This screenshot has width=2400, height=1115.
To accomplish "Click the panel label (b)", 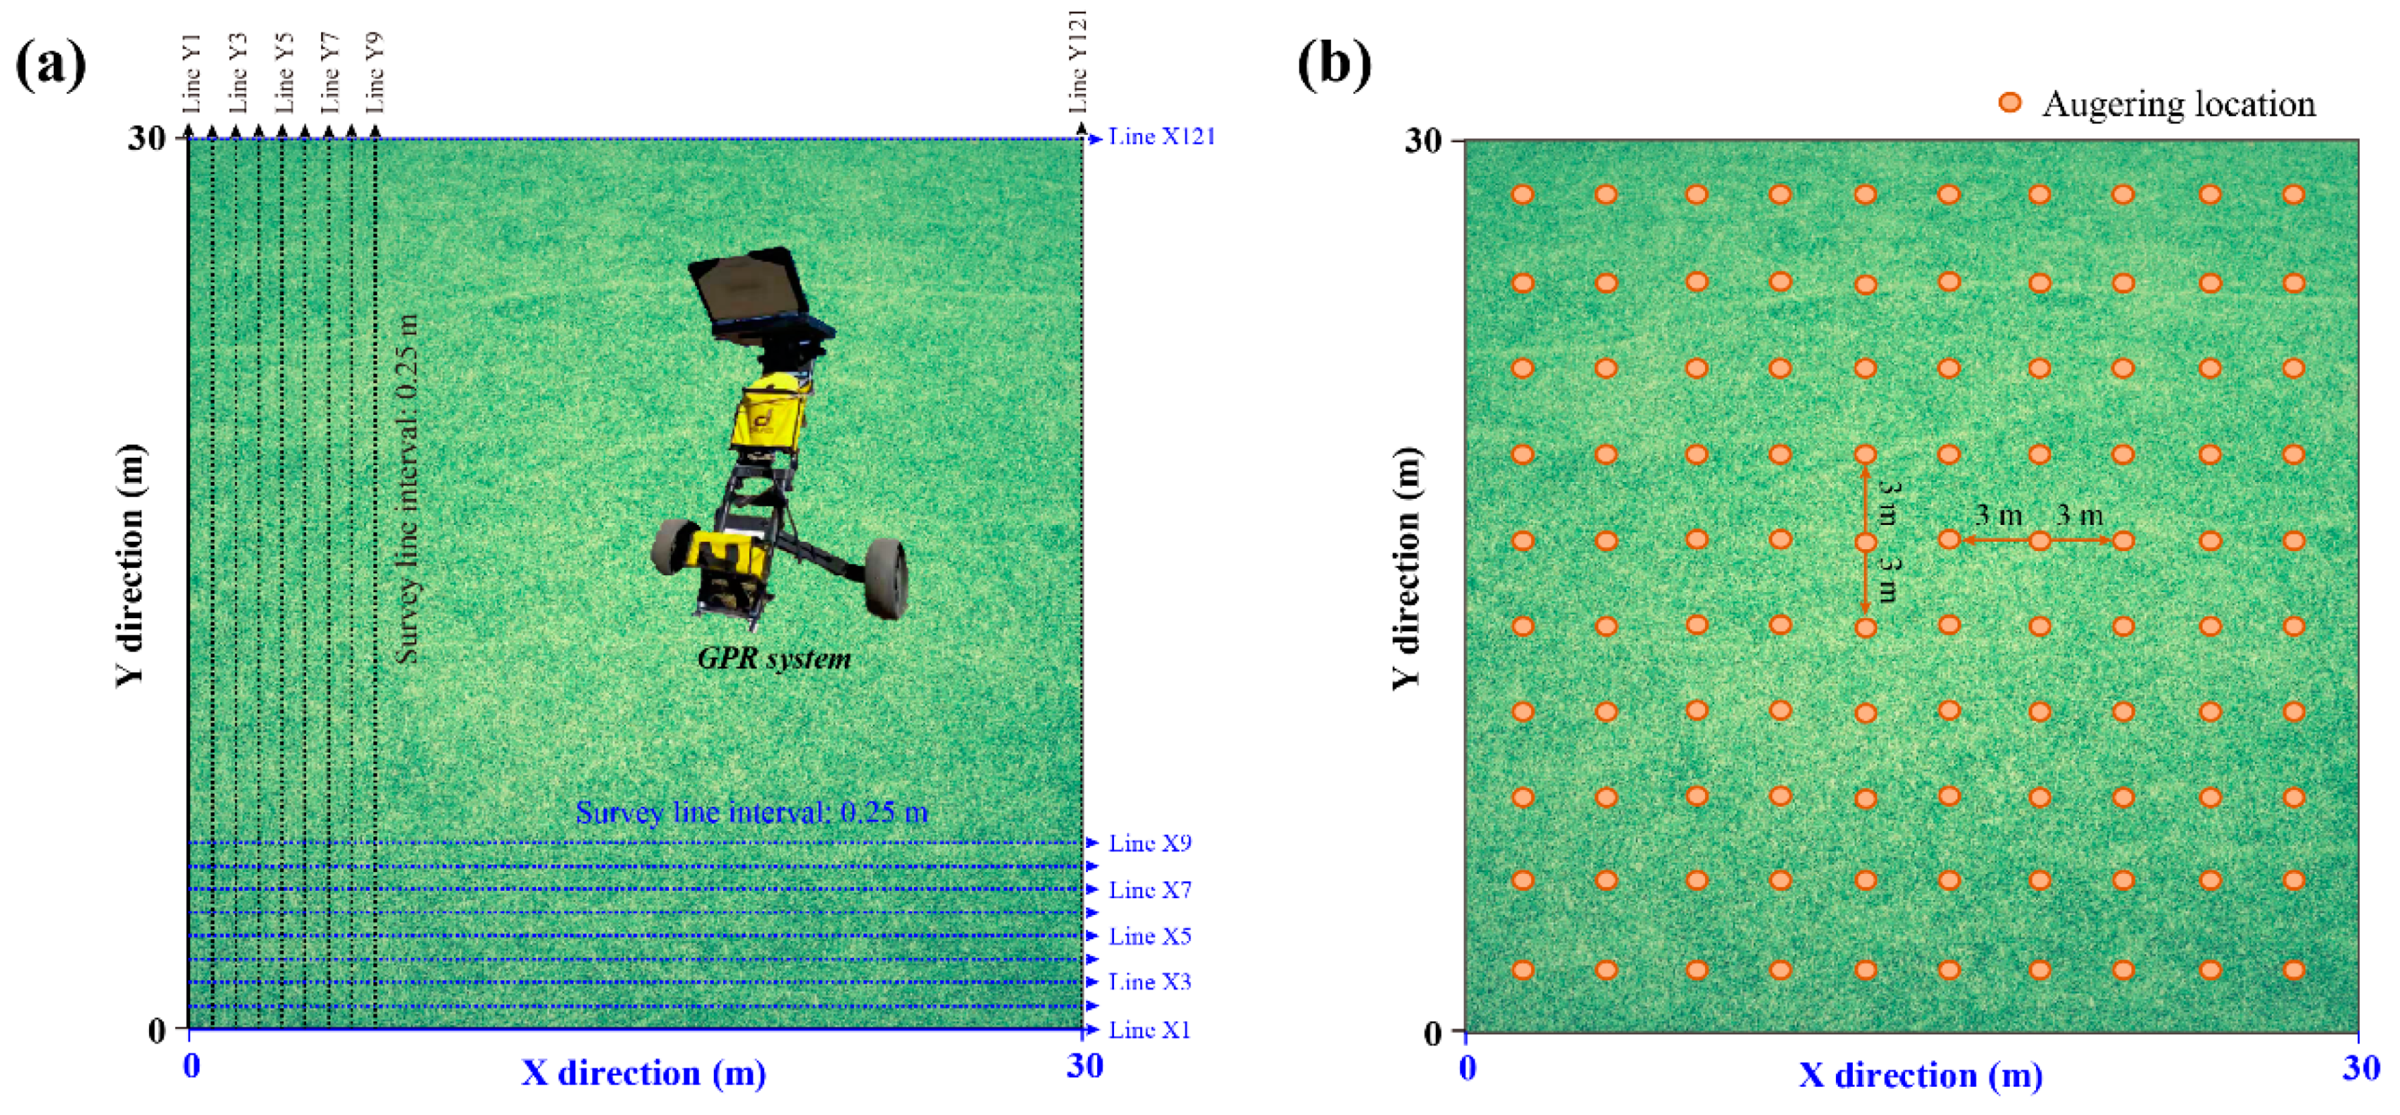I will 1333,65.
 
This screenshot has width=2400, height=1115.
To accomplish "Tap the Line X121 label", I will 1161,137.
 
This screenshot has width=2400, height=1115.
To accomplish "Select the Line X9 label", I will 1149,843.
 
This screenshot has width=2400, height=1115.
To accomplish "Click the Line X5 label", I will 1149,936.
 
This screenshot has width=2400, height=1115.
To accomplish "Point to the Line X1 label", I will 1149,1030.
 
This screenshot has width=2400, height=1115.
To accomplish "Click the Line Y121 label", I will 1078,61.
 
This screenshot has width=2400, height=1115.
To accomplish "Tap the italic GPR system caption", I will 774,659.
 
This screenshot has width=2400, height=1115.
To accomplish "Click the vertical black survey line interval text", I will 406,489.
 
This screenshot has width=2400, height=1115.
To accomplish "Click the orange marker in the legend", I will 2010,102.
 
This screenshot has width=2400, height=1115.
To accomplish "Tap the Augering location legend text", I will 2178,105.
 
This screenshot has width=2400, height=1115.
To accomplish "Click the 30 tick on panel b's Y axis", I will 1422,141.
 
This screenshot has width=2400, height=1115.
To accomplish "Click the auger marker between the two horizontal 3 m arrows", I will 2039,541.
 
